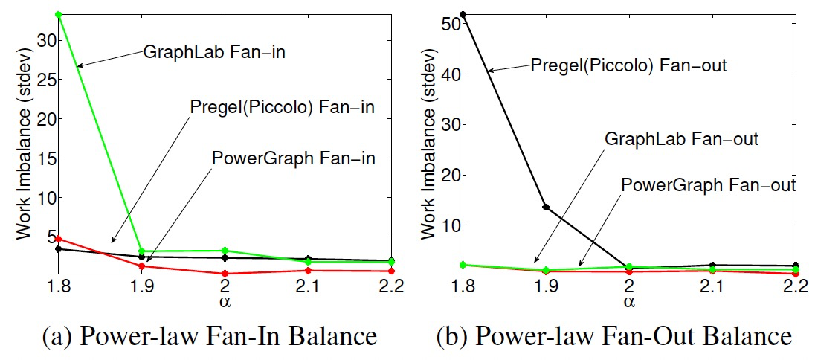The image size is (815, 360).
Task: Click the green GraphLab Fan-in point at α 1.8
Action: [x=59, y=15]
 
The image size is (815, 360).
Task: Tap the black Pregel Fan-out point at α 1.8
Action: [x=463, y=14]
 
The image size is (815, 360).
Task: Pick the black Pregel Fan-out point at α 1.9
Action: [x=546, y=207]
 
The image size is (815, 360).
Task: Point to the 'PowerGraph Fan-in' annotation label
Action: [x=293, y=158]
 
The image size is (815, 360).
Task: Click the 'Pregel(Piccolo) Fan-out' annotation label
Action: [x=628, y=65]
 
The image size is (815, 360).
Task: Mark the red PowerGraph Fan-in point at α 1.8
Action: [x=59, y=239]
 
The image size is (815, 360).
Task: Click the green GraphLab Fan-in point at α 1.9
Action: [x=142, y=251]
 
